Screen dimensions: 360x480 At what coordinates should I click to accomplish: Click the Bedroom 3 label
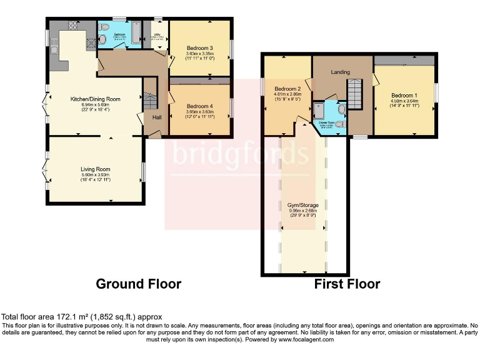(200, 48)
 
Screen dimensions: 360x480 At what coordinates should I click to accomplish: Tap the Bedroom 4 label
(200, 106)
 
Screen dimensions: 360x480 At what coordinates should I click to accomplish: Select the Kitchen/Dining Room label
(94, 99)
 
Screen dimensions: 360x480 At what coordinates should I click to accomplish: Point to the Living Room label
(95, 169)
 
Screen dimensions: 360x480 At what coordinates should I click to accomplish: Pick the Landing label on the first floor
(341, 72)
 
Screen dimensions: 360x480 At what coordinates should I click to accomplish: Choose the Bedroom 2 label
(287, 89)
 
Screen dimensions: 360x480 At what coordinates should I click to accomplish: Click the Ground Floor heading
(138, 284)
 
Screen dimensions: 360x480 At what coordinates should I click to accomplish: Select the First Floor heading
(347, 284)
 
